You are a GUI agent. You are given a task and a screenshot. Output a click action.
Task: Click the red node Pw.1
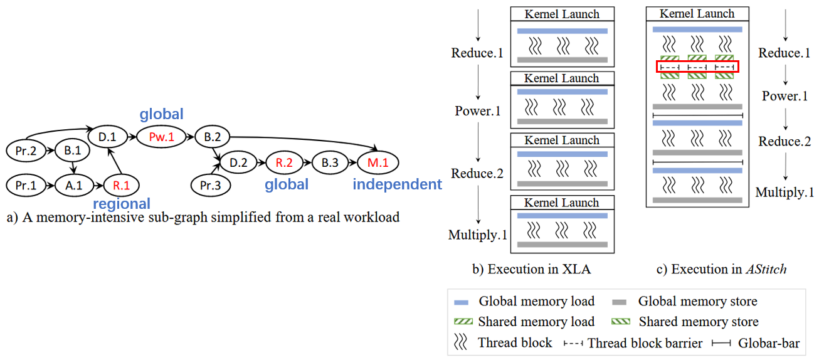coord(161,137)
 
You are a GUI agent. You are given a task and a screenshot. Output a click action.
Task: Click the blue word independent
coord(397,184)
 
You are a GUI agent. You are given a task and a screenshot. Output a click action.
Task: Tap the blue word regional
coord(122,204)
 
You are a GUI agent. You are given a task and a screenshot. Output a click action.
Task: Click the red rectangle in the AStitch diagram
coord(697,66)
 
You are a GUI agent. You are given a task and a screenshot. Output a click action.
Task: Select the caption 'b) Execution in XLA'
coord(532,270)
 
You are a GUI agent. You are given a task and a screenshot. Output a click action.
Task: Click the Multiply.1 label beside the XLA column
coord(477,235)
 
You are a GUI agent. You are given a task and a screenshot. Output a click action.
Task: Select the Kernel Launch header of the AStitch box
coord(697,14)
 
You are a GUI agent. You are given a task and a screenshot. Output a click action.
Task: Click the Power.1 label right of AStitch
coord(784,97)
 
